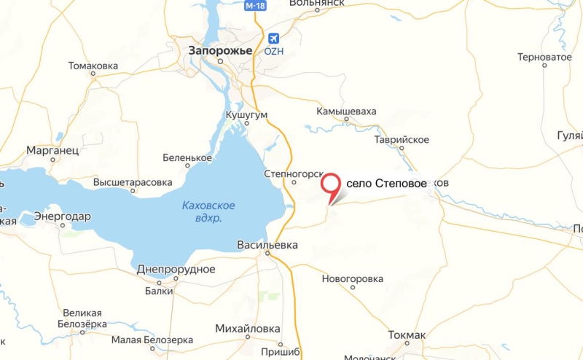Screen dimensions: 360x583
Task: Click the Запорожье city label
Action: [220, 51]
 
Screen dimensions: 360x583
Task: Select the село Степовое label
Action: [386, 184]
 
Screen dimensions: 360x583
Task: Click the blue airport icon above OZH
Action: [274, 38]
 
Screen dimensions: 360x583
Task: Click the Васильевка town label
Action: [267, 246]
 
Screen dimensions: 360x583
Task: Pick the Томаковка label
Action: [93, 66]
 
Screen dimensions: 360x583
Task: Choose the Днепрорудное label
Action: [176, 269]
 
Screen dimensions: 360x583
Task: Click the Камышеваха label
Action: [346, 111]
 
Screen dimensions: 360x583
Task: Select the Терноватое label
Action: [544, 57]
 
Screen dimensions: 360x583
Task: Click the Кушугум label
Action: [247, 115]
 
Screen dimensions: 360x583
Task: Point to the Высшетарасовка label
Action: [133, 182]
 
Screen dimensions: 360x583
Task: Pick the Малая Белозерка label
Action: [152, 340]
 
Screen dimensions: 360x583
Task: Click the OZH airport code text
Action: [274, 52]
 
